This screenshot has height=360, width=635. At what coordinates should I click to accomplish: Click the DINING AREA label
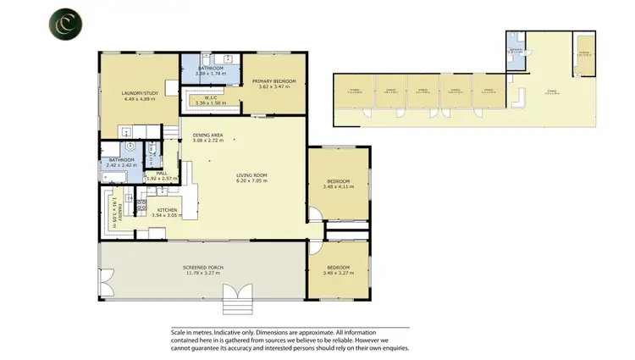coord(207,135)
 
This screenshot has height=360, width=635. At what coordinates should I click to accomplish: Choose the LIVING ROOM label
coord(251,175)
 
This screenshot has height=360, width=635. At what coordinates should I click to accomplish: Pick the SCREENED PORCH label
coord(202,268)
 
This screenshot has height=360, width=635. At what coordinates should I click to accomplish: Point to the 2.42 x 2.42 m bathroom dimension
coord(116,165)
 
